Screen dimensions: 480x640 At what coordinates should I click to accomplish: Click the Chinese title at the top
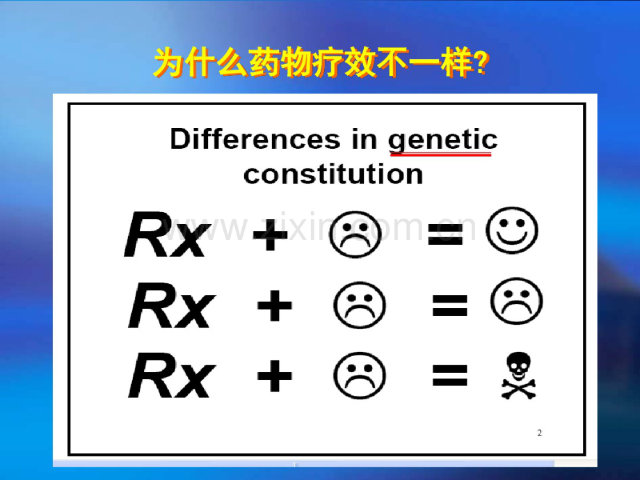(320, 65)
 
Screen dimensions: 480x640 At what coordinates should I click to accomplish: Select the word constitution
(333, 174)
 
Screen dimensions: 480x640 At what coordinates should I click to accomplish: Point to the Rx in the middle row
(170, 307)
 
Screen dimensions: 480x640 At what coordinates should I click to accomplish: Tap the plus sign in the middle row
(274, 307)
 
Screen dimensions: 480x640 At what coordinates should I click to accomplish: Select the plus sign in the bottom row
(274, 376)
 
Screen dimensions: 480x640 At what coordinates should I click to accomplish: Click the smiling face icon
(513, 230)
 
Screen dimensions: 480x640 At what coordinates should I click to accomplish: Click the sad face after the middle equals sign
(517, 303)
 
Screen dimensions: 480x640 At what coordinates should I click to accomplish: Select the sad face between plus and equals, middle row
(360, 307)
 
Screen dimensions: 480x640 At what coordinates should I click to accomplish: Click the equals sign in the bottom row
(449, 376)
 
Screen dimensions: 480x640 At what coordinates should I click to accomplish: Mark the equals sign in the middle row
(449, 307)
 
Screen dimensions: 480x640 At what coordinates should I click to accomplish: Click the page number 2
(540, 433)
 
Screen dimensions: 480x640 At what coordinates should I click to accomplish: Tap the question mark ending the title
(479, 65)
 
